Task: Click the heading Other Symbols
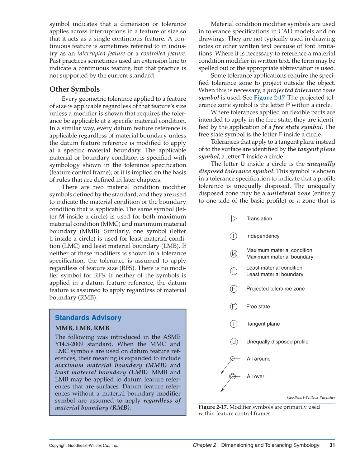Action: tap(74, 89)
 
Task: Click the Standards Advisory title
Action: tap(88, 318)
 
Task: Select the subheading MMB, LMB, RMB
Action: tap(82, 328)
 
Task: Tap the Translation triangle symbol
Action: tap(234, 218)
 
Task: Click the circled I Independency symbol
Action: tap(233, 236)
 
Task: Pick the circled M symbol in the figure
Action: tap(234, 254)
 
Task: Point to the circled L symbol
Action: tap(234, 271)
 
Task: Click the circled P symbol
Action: tap(234, 289)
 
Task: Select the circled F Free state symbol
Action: tap(234, 306)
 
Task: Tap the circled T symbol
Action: tap(234, 324)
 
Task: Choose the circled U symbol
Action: tap(234, 342)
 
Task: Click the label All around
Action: tap(258, 359)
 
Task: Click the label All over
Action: tap(255, 377)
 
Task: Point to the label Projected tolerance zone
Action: tap(275, 289)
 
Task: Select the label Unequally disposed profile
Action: tap(277, 342)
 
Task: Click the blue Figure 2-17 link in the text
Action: tap(269, 98)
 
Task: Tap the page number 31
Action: tap(332, 445)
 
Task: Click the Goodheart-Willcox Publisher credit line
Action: tap(311, 397)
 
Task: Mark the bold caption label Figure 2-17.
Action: tap(213, 407)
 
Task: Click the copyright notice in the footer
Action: tap(83, 445)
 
